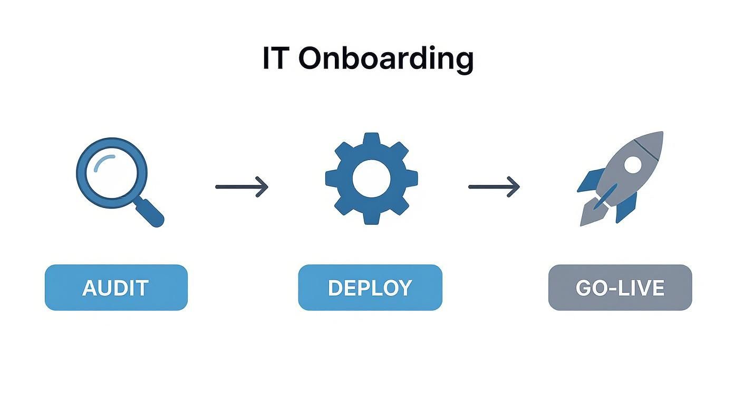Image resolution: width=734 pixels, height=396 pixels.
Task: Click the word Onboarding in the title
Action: [385, 59]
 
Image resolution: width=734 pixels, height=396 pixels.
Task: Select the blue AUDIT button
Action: [116, 288]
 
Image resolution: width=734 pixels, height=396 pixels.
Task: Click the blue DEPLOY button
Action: [370, 288]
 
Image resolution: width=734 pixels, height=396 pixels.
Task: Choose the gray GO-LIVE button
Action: [620, 288]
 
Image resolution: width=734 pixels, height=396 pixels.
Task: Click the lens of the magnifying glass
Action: [111, 173]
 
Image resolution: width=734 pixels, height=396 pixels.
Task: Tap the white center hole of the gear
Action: [371, 179]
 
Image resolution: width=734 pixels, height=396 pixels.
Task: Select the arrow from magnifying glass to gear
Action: [242, 186]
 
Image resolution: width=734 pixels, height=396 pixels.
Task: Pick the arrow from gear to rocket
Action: [494, 186]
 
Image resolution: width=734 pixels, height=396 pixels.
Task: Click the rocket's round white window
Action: [632, 165]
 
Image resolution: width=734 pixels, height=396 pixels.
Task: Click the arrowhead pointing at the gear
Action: [264, 186]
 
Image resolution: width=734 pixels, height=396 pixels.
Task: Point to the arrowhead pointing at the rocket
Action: [515, 186]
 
